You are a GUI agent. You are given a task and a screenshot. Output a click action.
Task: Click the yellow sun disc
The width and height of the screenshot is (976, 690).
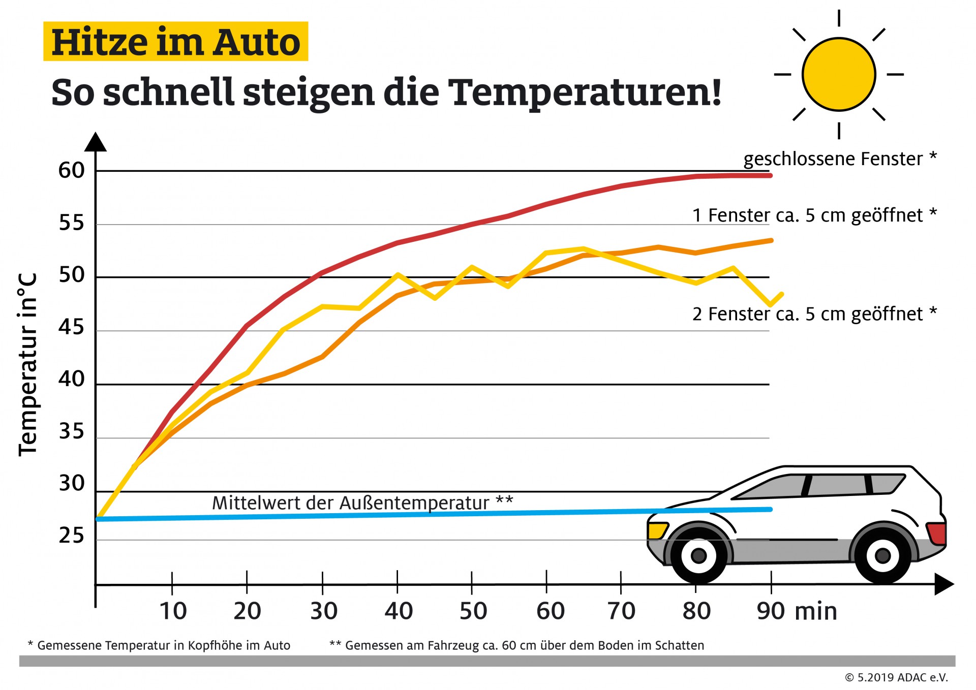pyautogui.click(x=838, y=74)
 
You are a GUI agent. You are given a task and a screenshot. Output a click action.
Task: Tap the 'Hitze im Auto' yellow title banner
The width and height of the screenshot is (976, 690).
pyautogui.click(x=175, y=42)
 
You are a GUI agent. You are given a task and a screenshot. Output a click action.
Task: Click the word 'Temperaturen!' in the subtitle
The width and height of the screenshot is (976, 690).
pyautogui.click(x=585, y=93)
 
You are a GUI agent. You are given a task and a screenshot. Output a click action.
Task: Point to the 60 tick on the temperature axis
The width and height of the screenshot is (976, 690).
pyautogui.click(x=71, y=171)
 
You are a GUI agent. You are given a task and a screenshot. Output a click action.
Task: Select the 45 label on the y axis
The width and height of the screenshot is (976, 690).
pyautogui.click(x=71, y=327)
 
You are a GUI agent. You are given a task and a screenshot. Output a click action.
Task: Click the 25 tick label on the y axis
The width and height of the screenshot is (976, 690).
pyautogui.click(x=71, y=536)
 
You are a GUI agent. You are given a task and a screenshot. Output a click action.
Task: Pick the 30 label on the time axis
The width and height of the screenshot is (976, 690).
pyautogui.click(x=323, y=611)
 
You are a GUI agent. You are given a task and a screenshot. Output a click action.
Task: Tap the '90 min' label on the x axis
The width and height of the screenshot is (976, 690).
pyautogui.click(x=796, y=611)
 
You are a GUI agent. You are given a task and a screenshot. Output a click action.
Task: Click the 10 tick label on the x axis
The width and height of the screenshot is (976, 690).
pyautogui.click(x=173, y=611)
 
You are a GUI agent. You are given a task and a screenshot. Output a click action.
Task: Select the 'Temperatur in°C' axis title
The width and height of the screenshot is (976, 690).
pyautogui.click(x=28, y=365)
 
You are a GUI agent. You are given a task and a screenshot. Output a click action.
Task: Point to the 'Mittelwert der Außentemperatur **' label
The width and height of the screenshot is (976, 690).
pyautogui.click(x=362, y=503)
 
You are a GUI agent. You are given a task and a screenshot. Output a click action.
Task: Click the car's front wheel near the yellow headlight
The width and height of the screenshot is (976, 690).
pyautogui.click(x=698, y=555)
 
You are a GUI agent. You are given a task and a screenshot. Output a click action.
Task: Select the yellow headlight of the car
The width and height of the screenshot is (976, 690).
pyautogui.click(x=657, y=530)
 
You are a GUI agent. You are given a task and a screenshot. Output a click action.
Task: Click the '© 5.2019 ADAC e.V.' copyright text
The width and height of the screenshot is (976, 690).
pyautogui.click(x=896, y=677)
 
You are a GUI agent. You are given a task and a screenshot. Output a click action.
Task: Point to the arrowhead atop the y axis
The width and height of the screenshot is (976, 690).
pyautogui.click(x=95, y=142)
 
